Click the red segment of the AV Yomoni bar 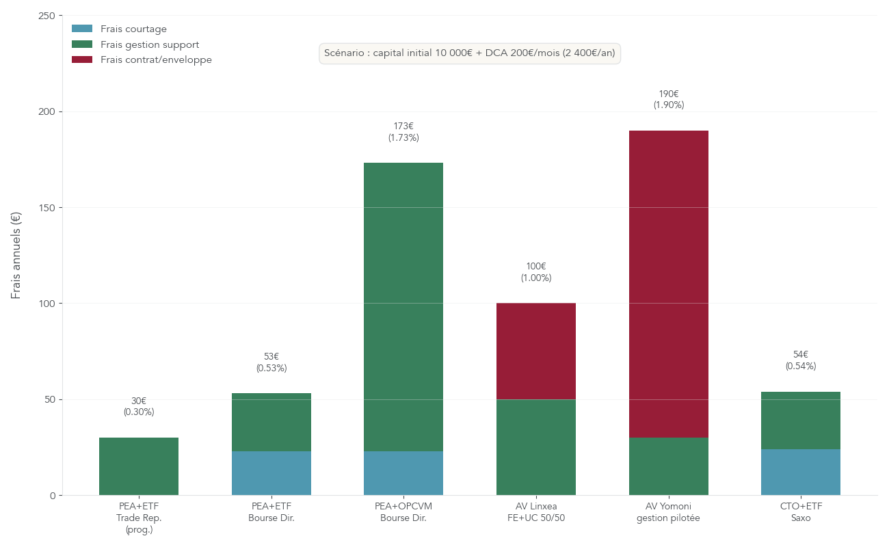tap(668, 284)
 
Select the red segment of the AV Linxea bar tap(536, 351)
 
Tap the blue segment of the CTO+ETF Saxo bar tap(801, 472)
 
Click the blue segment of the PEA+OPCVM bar tap(403, 472)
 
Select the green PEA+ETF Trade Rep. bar tap(139, 466)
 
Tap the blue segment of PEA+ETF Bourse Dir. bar tap(271, 472)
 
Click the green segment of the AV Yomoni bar tap(668, 466)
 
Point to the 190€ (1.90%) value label tap(668, 99)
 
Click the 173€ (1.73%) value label tap(403, 131)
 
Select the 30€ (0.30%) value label tap(139, 406)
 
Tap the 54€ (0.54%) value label tap(801, 360)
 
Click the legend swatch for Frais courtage tap(82, 29)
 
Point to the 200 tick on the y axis tap(47, 111)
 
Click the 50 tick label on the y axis tap(50, 399)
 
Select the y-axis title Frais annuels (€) tap(16, 255)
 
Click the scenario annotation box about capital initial tap(470, 53)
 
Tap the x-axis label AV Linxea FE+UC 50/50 tap(536, 512)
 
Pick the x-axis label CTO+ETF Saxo tap(801, 512)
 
